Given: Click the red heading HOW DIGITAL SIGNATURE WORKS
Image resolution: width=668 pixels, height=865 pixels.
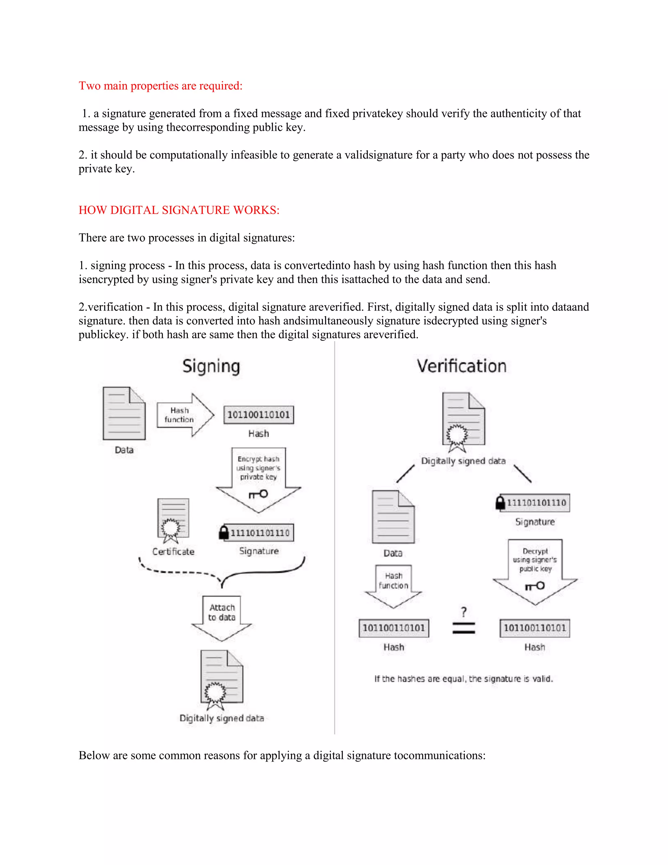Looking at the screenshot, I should point(179,210).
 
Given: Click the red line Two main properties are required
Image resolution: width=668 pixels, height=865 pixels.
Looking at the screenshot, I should point(160,86).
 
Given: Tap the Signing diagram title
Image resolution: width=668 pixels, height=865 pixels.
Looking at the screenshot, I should point(211,366).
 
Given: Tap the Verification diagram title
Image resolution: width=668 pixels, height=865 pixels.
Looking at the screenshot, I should point(462,366).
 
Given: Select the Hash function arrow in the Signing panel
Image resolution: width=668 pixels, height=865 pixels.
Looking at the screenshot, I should point(185,415).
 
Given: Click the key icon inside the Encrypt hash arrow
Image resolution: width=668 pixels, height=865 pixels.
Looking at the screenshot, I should point(258,494).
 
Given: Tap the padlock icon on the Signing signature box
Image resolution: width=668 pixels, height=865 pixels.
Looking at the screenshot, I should point(224,532).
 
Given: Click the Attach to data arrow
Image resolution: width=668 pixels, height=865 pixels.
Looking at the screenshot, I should point(221,616).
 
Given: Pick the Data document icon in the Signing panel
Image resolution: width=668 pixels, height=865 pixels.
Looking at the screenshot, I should point(124,414).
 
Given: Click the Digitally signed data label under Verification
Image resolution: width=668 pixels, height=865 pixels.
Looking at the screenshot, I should point(463,461).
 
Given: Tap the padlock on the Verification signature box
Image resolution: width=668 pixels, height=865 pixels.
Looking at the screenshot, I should point(501,503).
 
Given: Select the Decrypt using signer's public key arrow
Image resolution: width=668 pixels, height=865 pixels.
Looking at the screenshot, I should point(535,568).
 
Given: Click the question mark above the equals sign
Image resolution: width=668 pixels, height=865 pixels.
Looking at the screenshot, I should point(464,612).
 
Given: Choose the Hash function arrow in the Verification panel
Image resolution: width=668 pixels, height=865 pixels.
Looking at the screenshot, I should point(393,585).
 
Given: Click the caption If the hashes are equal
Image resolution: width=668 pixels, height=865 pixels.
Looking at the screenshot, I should point(463,679).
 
